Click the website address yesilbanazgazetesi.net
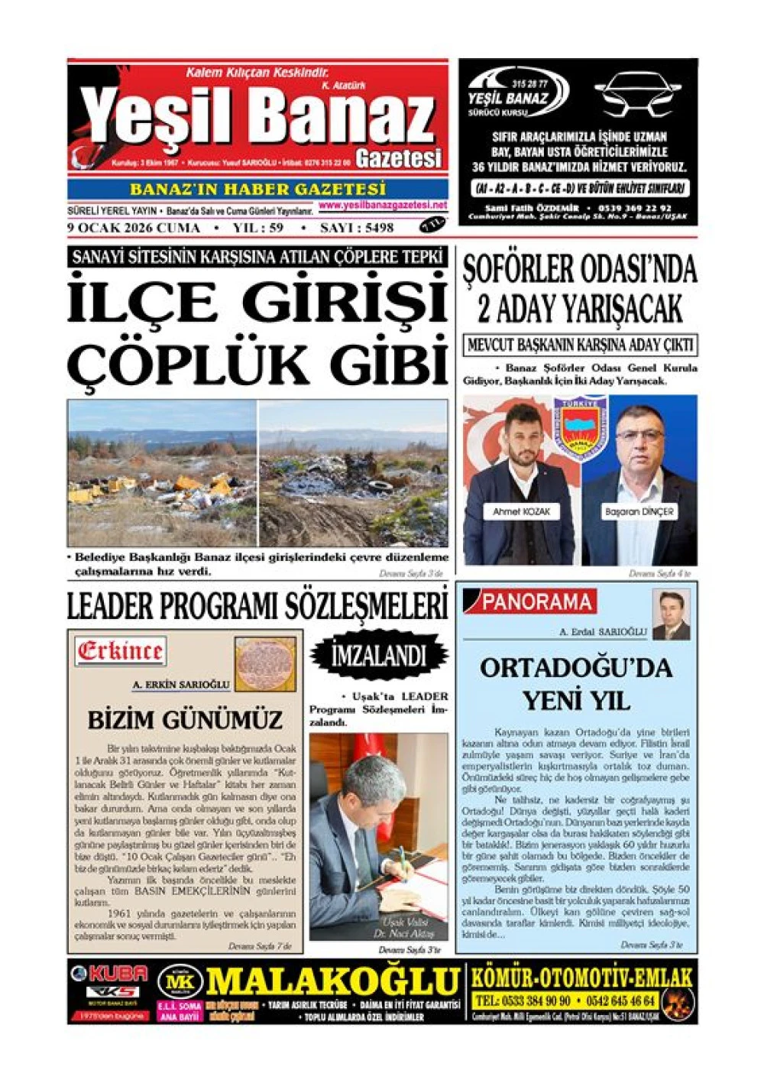click(x=382, y=205)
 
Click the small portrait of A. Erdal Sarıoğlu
click(x=671, y=615)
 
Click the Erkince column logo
click(x=120, y=652)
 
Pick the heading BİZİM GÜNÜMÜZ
click(x=185, y=720)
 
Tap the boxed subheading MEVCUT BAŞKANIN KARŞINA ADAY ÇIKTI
click(x=580, y=345)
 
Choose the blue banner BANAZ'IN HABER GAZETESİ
click(x=257, y=189)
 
